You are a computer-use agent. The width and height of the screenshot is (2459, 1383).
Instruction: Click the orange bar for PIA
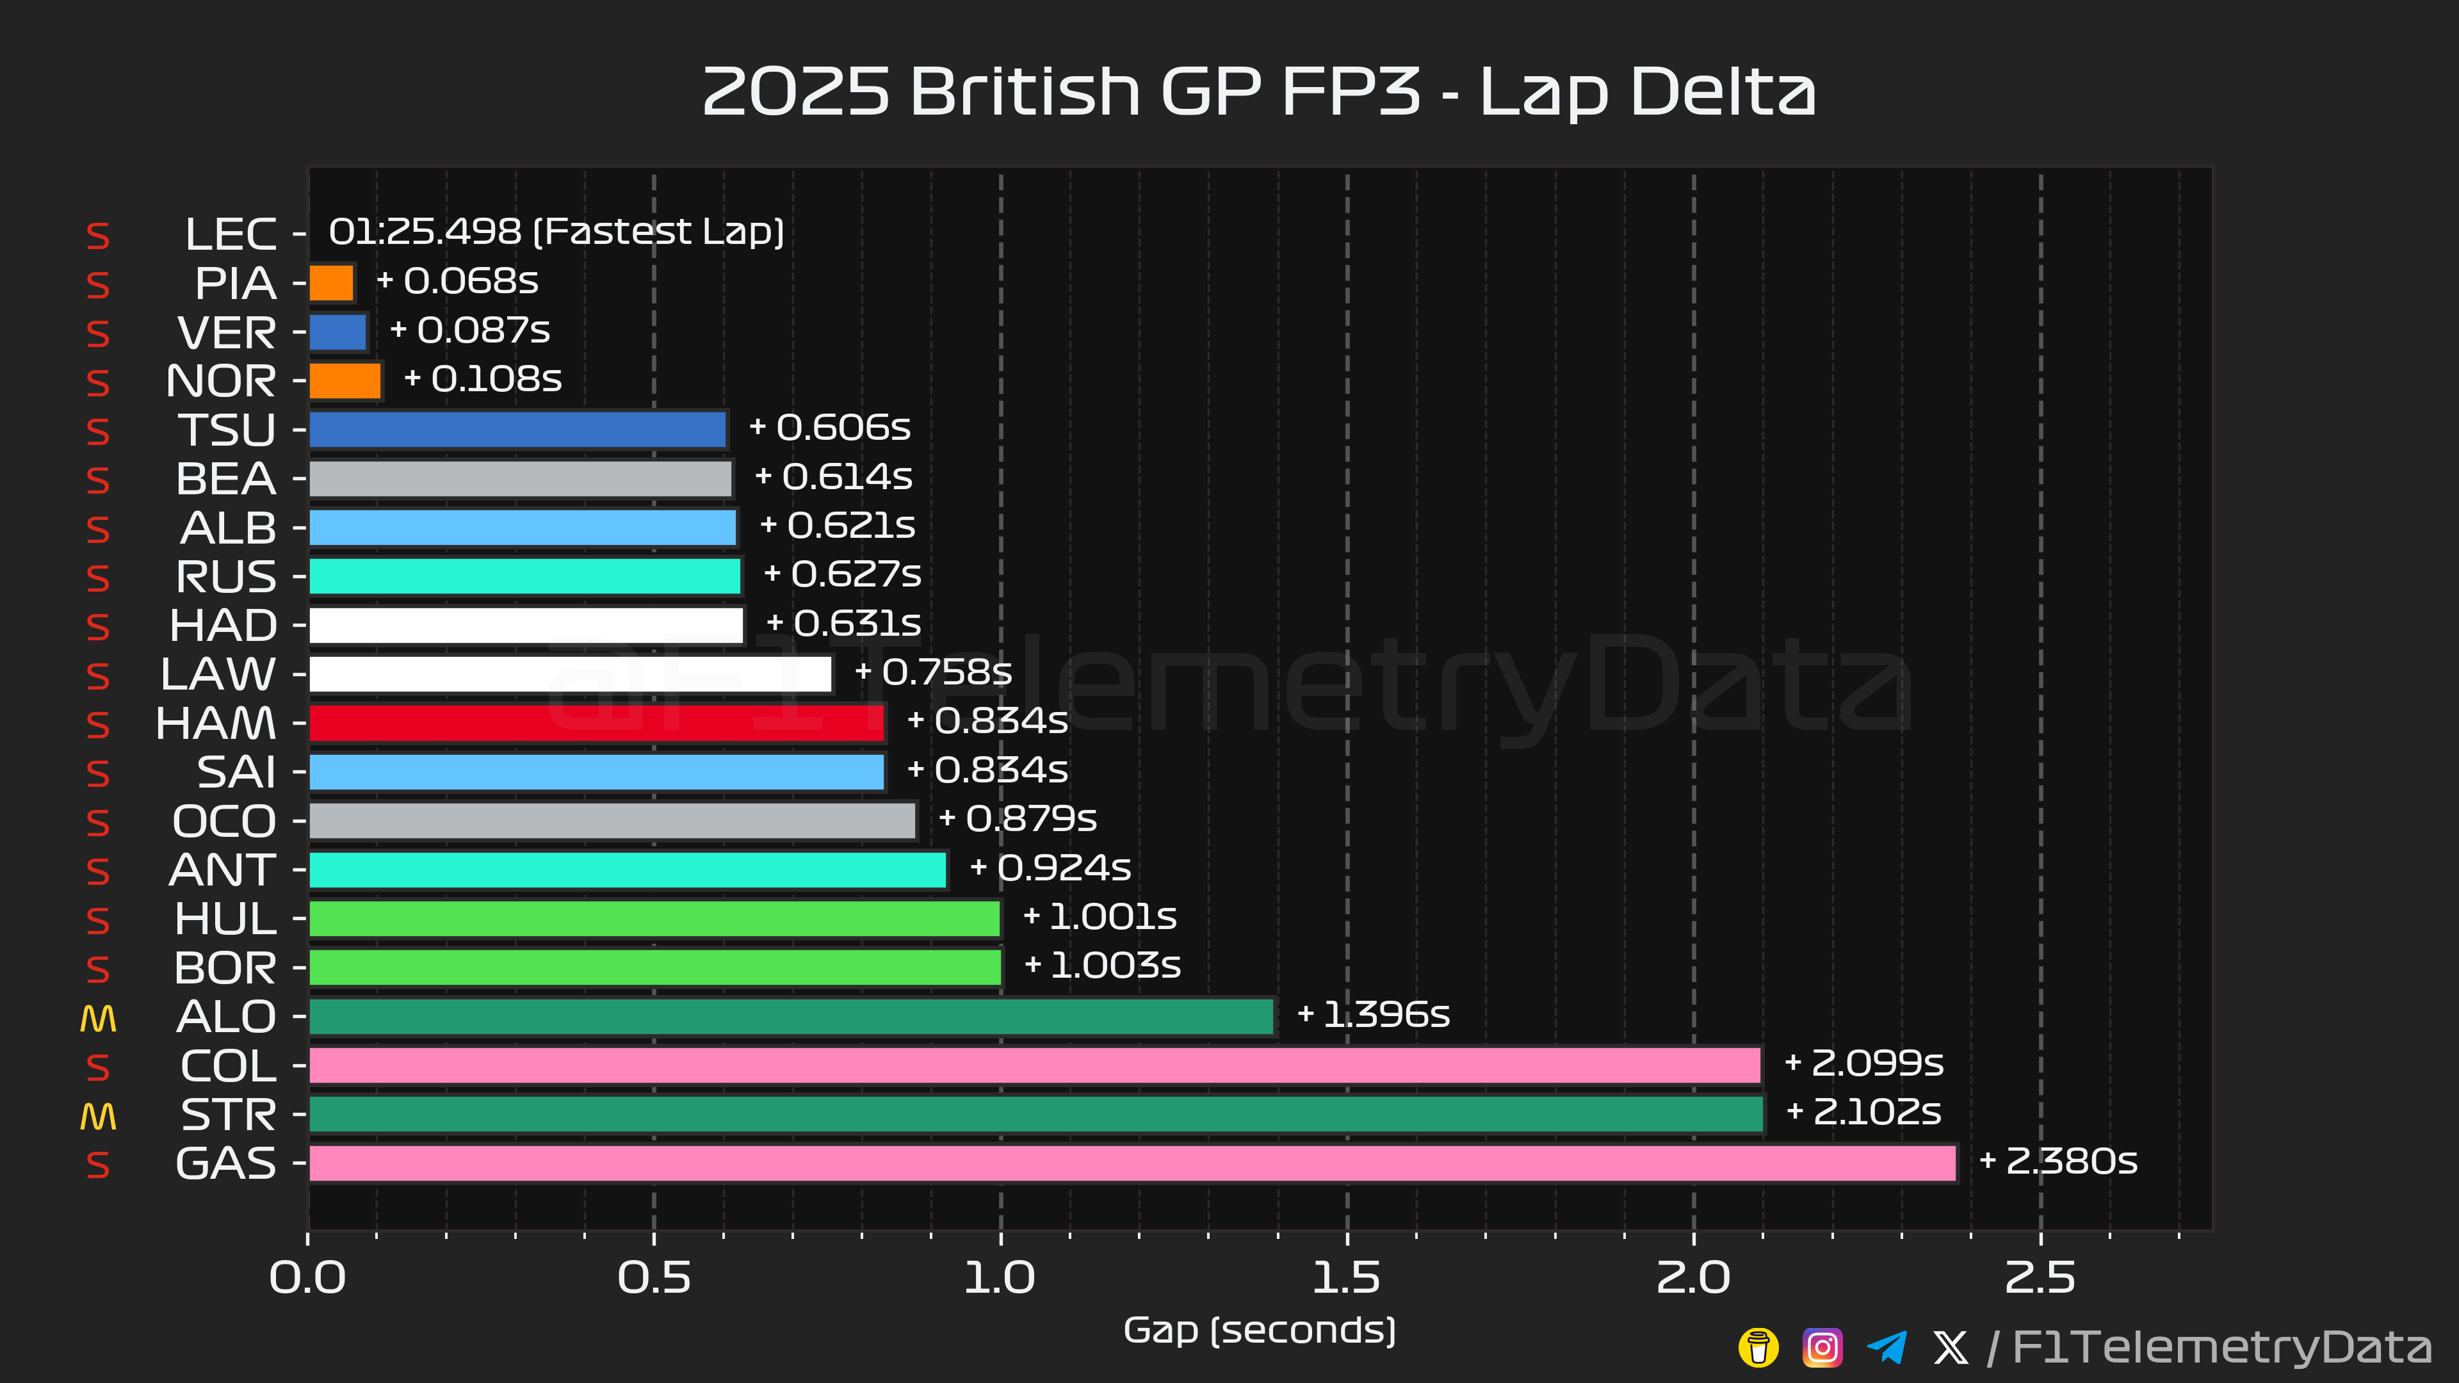(331, 282)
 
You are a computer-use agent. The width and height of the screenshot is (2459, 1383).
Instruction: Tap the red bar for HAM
(597, 722)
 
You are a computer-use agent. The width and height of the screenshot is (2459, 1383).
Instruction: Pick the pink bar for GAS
(1132, 1163)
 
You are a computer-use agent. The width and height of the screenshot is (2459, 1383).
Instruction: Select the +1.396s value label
(1374, 1015)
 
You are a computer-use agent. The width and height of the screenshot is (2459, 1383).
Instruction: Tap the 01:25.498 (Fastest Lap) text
(556, 232)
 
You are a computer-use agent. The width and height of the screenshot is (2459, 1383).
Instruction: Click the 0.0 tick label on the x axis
(307, 1278)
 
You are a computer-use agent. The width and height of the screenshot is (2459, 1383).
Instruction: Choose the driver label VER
(227, 332)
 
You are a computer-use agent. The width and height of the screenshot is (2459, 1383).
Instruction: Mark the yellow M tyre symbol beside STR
(99, 1116)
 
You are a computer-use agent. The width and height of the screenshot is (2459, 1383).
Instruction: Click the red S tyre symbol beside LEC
(99, 236)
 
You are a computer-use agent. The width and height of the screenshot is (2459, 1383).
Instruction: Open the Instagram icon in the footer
(1822, 1348)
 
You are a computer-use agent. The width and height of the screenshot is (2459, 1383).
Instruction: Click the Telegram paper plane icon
(1887, 1348)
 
